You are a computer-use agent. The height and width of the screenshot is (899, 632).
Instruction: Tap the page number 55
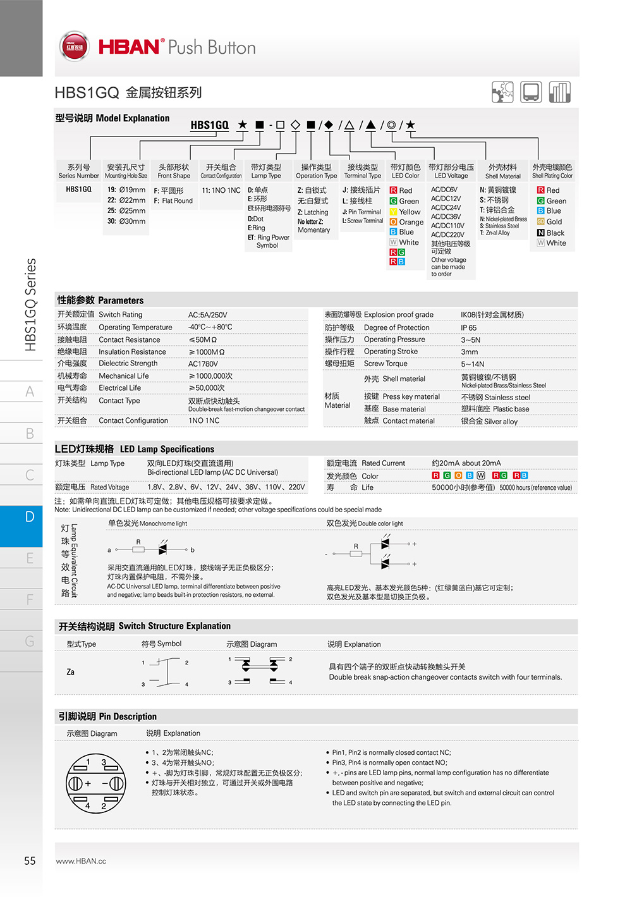30,860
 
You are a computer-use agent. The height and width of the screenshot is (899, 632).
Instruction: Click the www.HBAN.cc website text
81,861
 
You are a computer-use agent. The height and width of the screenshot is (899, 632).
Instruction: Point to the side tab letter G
30,641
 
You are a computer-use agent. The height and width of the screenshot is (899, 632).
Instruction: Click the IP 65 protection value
468,327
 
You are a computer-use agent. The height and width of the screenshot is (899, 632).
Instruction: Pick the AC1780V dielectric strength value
203,364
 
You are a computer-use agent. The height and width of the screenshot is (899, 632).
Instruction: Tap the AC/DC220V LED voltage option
447,235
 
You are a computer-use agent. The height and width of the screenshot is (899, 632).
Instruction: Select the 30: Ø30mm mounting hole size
126,221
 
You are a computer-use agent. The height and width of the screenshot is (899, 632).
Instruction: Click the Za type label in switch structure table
71,672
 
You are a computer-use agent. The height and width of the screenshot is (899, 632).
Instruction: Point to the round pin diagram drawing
95,783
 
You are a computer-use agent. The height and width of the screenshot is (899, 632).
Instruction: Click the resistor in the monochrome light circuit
138,549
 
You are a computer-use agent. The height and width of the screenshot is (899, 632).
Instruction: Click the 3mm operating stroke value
469,352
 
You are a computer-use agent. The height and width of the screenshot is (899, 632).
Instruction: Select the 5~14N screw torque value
472,364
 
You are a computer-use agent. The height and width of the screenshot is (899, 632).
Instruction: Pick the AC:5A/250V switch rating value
207,315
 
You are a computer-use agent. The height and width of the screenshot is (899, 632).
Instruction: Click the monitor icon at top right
531,92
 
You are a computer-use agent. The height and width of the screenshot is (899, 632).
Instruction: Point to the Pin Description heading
107,716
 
